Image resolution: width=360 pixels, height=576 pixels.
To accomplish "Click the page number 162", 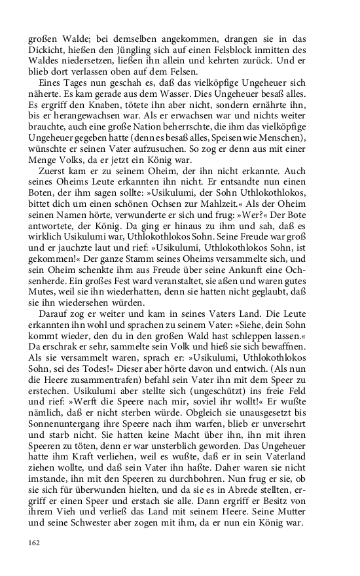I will (x=35, y=543).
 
